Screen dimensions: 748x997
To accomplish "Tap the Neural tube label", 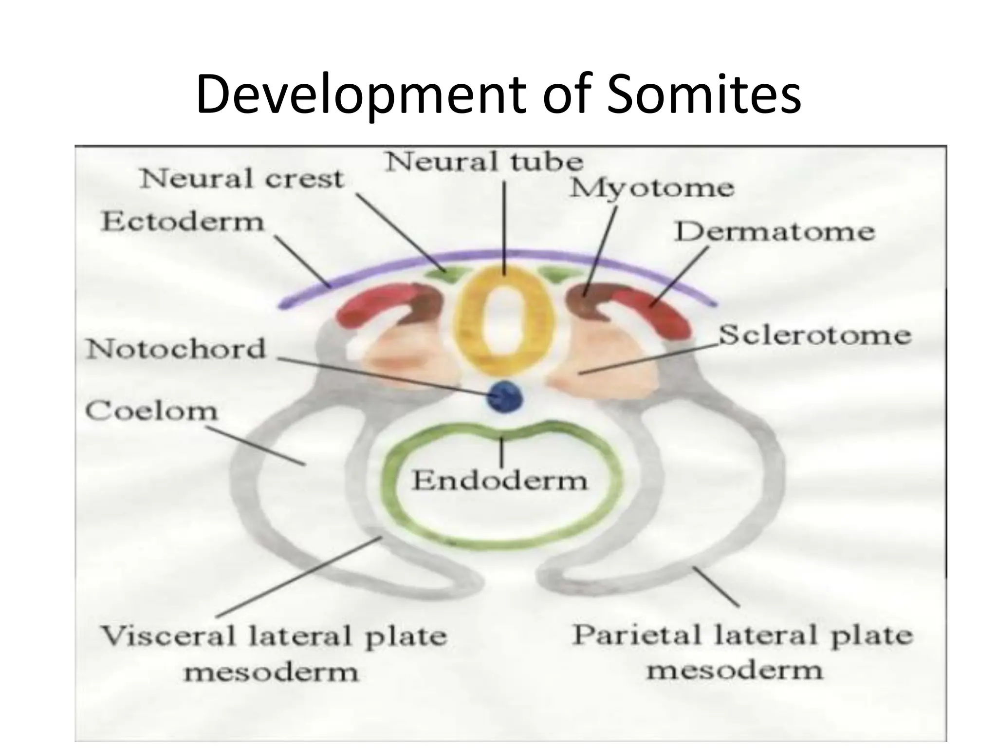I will click(x=484, y=162).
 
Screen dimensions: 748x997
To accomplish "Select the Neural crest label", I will click(x=242, y=179).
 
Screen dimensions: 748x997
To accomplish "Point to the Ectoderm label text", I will click(x=183, y=222).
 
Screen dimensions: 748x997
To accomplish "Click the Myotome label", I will click(x=652, y=188).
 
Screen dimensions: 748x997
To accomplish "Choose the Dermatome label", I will click(x=775, y=232).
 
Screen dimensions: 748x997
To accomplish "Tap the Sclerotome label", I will click(x=814, y=336).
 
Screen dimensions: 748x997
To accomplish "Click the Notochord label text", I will click(x=176, y=349).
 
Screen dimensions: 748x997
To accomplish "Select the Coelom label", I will click(x=151, y=411).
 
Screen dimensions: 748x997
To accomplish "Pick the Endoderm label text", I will click(x=500, y=481).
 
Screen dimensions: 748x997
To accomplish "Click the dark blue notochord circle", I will click(x=504, y=397).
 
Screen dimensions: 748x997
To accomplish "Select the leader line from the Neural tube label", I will click(x=504, y=229).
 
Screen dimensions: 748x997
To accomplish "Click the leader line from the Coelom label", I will click(x=256, y=446).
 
